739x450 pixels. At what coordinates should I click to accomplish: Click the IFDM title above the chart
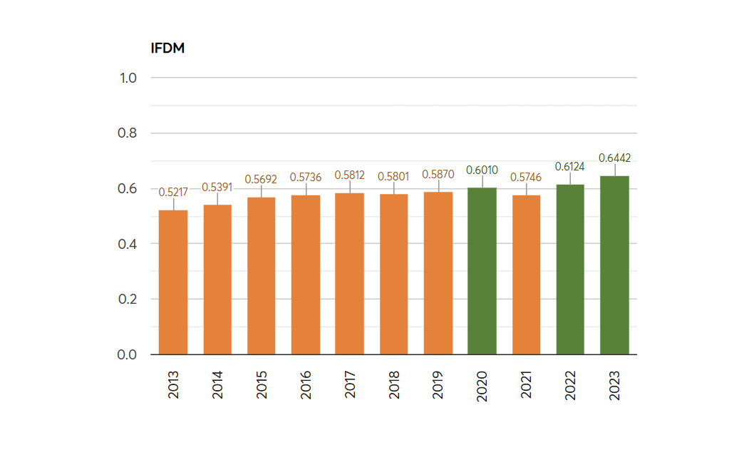click(168, 48)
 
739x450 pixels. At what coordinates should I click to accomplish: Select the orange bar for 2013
click(173, 282)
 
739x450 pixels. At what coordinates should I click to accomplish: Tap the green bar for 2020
click(482, 271)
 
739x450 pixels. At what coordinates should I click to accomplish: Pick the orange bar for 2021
click(526, 275)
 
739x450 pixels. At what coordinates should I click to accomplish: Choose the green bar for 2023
click(614, 265)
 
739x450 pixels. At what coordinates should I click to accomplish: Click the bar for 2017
click(350, 274)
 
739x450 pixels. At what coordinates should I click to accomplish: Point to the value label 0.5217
click(173, 192)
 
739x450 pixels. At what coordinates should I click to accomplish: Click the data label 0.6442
click(614, 158)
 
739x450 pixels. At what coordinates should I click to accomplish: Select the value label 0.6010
click(482, 170)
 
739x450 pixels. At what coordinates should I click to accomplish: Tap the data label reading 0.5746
click(526, 177)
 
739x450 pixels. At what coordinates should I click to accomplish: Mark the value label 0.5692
click(262, 179)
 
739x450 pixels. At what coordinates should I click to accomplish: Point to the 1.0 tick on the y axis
click(128, 78)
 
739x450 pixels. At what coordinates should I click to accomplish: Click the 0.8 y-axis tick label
click(128, 133)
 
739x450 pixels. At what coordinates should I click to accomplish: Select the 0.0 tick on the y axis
click(128, 354)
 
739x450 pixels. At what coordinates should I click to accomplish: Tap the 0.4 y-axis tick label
click(128, 244)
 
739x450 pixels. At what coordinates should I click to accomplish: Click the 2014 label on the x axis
click(218, 384)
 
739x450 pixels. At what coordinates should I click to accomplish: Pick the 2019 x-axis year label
click(438, 384)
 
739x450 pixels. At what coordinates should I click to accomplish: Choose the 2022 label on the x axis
click(571, 384)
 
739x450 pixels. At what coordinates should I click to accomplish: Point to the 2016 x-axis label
click(306, 384)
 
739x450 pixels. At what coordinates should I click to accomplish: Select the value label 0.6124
click(570, 166)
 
